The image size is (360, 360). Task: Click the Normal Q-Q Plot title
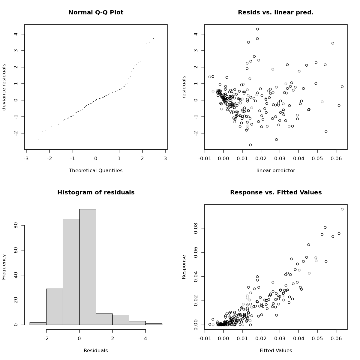pyautogui.click(x=96, y=13)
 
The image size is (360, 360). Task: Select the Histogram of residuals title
pyautogui.click(x=96, y=193)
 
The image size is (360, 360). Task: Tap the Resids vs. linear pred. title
pyautogui.click(x=275, y=13)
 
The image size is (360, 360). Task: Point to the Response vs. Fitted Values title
pyautogui.click(x=276, y=193)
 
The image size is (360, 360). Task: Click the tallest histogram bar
pyautogui.click(x=88, y=267)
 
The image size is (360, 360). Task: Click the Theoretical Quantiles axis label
pyautogui.click(x=96, y=171)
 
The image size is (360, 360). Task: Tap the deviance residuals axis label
pyautogui.click(x=4, y=87)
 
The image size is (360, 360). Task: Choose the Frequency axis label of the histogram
pyautogui.click(x=4, y=267)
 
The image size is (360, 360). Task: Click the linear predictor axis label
pyautogui.click(x=276, y=171)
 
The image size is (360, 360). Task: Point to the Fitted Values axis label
pyautogui.click(x=276, y=351)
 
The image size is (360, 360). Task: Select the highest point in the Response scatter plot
pyautogui.click(x=342, y=209)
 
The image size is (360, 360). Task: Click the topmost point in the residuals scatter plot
pyautogui.click(x=257, y=29)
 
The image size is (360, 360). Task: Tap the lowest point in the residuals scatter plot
pyautogui.click(x=250, y=145)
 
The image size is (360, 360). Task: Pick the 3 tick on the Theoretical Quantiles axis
pyautogui.click(x=165, y=158)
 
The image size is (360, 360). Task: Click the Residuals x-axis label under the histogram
pyautogui.click(x=96, y=351)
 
